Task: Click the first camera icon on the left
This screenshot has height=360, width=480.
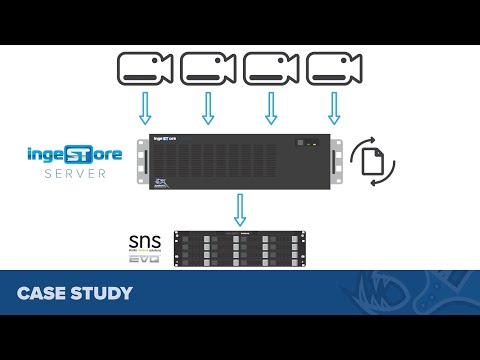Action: pos(144,68)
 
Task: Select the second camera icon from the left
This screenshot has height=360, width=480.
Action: pos(207,68)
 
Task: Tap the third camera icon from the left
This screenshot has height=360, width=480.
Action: pos(270,68)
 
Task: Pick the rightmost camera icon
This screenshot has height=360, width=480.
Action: pos(332,68)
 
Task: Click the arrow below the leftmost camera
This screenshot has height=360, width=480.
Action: pos(145,107)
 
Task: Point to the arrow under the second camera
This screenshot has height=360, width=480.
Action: pos(208,107)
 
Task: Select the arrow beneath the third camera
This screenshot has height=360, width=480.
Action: pos(270,107)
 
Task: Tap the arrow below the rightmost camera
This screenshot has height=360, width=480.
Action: pos(333,107)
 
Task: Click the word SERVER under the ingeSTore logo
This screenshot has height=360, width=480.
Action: pos(73,173)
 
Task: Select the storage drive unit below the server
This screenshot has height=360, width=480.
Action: pos(239,248)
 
